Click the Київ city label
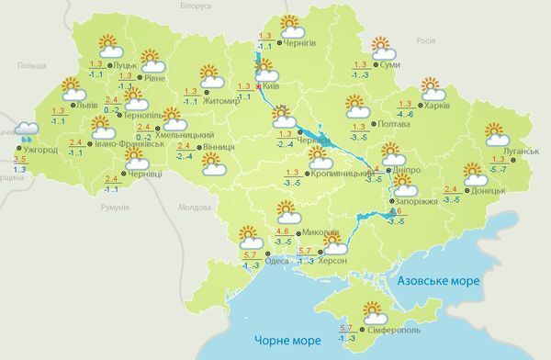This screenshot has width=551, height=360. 276,85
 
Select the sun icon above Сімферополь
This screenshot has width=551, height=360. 374,310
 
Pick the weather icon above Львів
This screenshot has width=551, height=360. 73,89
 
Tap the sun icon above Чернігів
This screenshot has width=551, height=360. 290,24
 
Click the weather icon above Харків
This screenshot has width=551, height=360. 432,88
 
